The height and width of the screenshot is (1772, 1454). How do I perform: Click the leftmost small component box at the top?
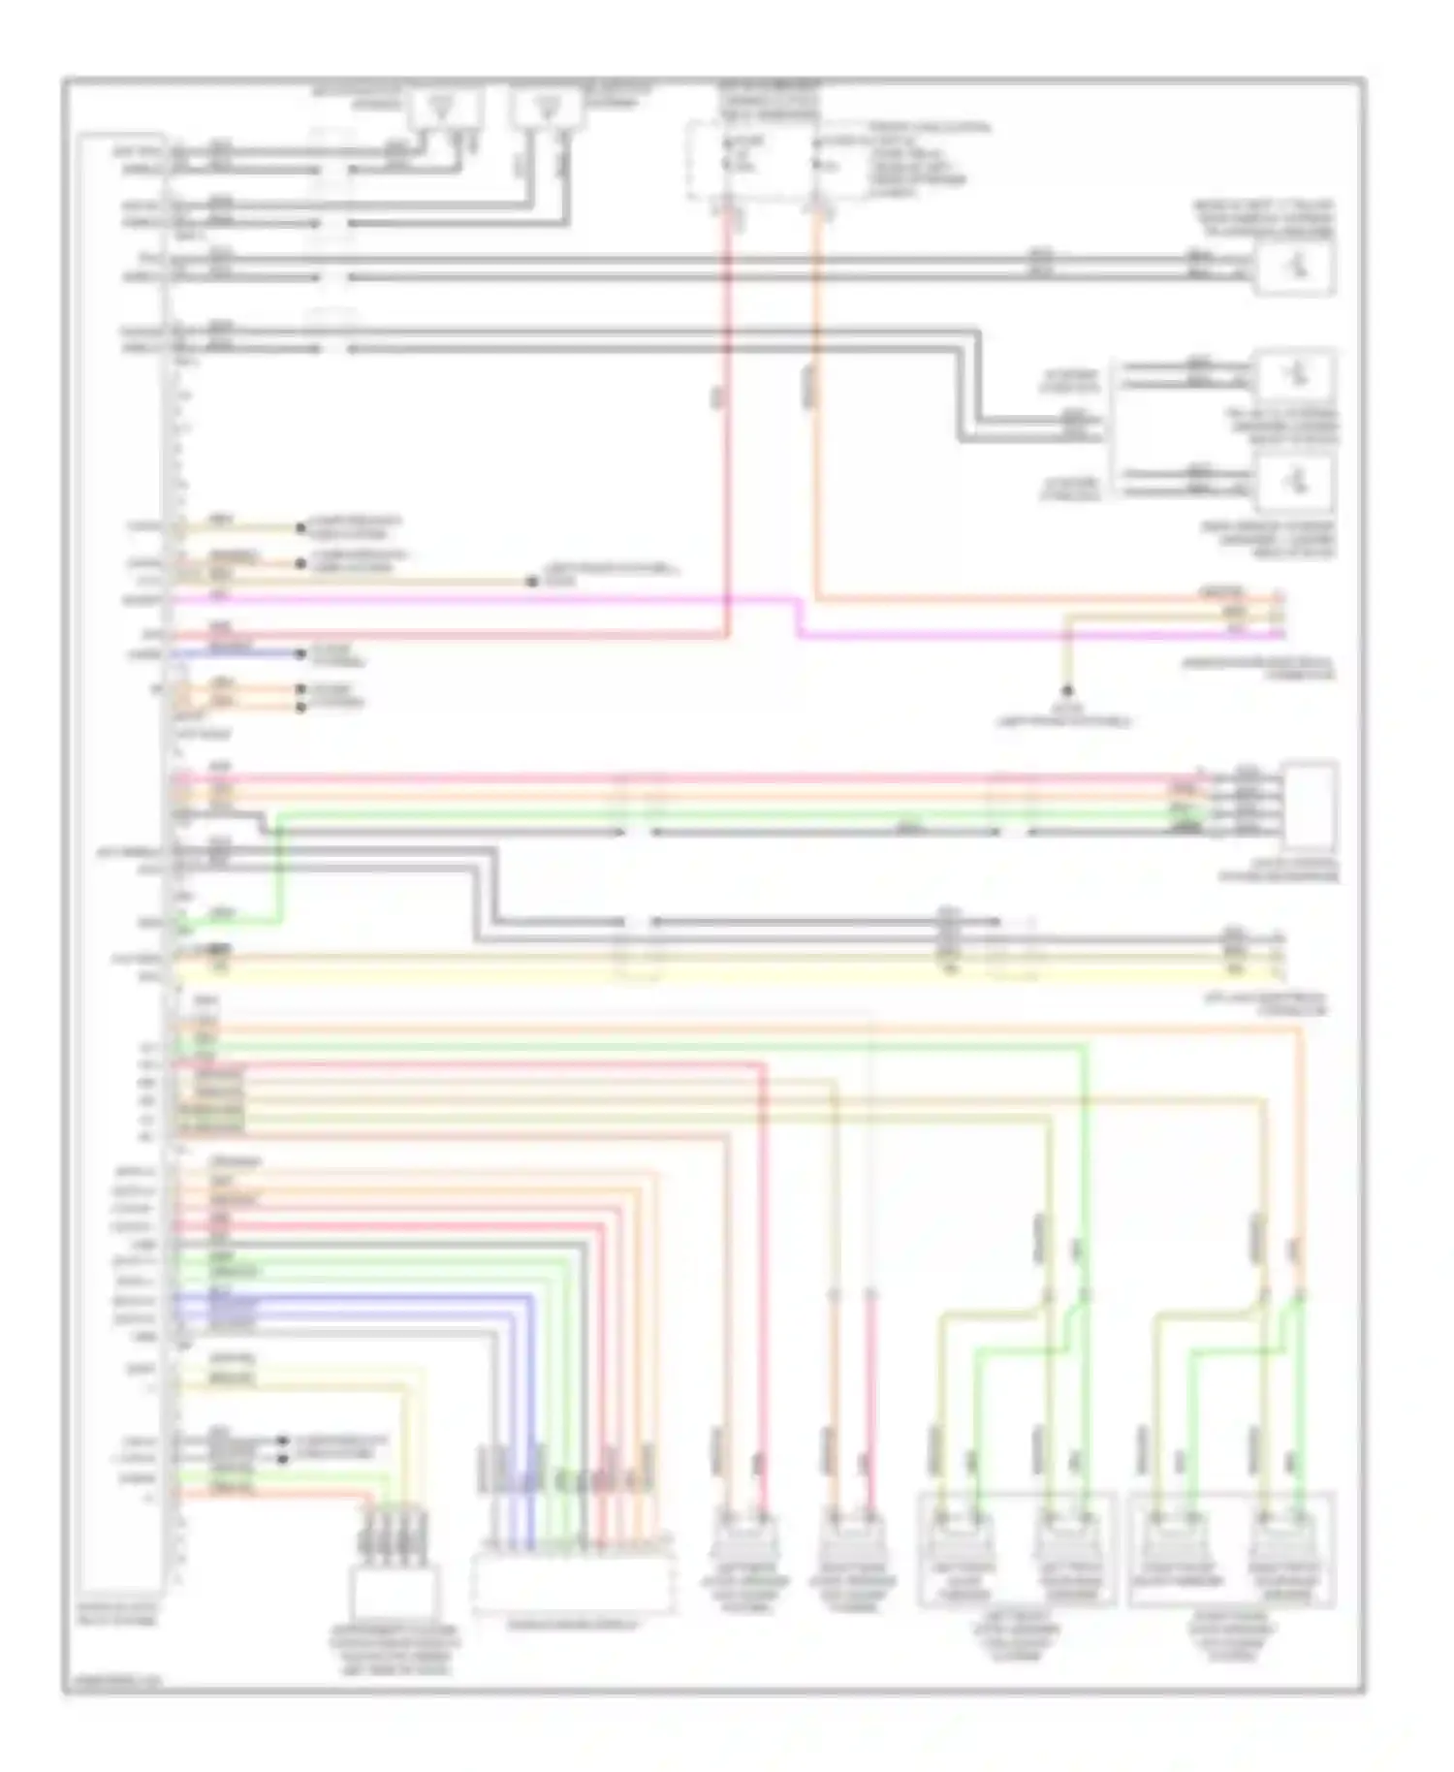coord(444,107)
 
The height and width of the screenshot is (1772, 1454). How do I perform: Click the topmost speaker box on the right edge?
coord(1295,267)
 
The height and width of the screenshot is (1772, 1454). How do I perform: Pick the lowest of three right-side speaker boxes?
coord(1295,482)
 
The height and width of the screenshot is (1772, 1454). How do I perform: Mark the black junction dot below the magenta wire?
coord(1067,691)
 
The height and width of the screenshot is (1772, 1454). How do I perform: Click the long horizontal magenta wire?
coord(485,599)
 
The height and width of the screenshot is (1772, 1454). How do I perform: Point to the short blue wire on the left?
coord(237,654)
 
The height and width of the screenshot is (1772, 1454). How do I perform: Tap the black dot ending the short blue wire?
coord(301,654)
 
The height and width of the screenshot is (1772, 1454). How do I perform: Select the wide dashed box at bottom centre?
coord(572,1585)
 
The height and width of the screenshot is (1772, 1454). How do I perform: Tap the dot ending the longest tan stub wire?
coord(532,582)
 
